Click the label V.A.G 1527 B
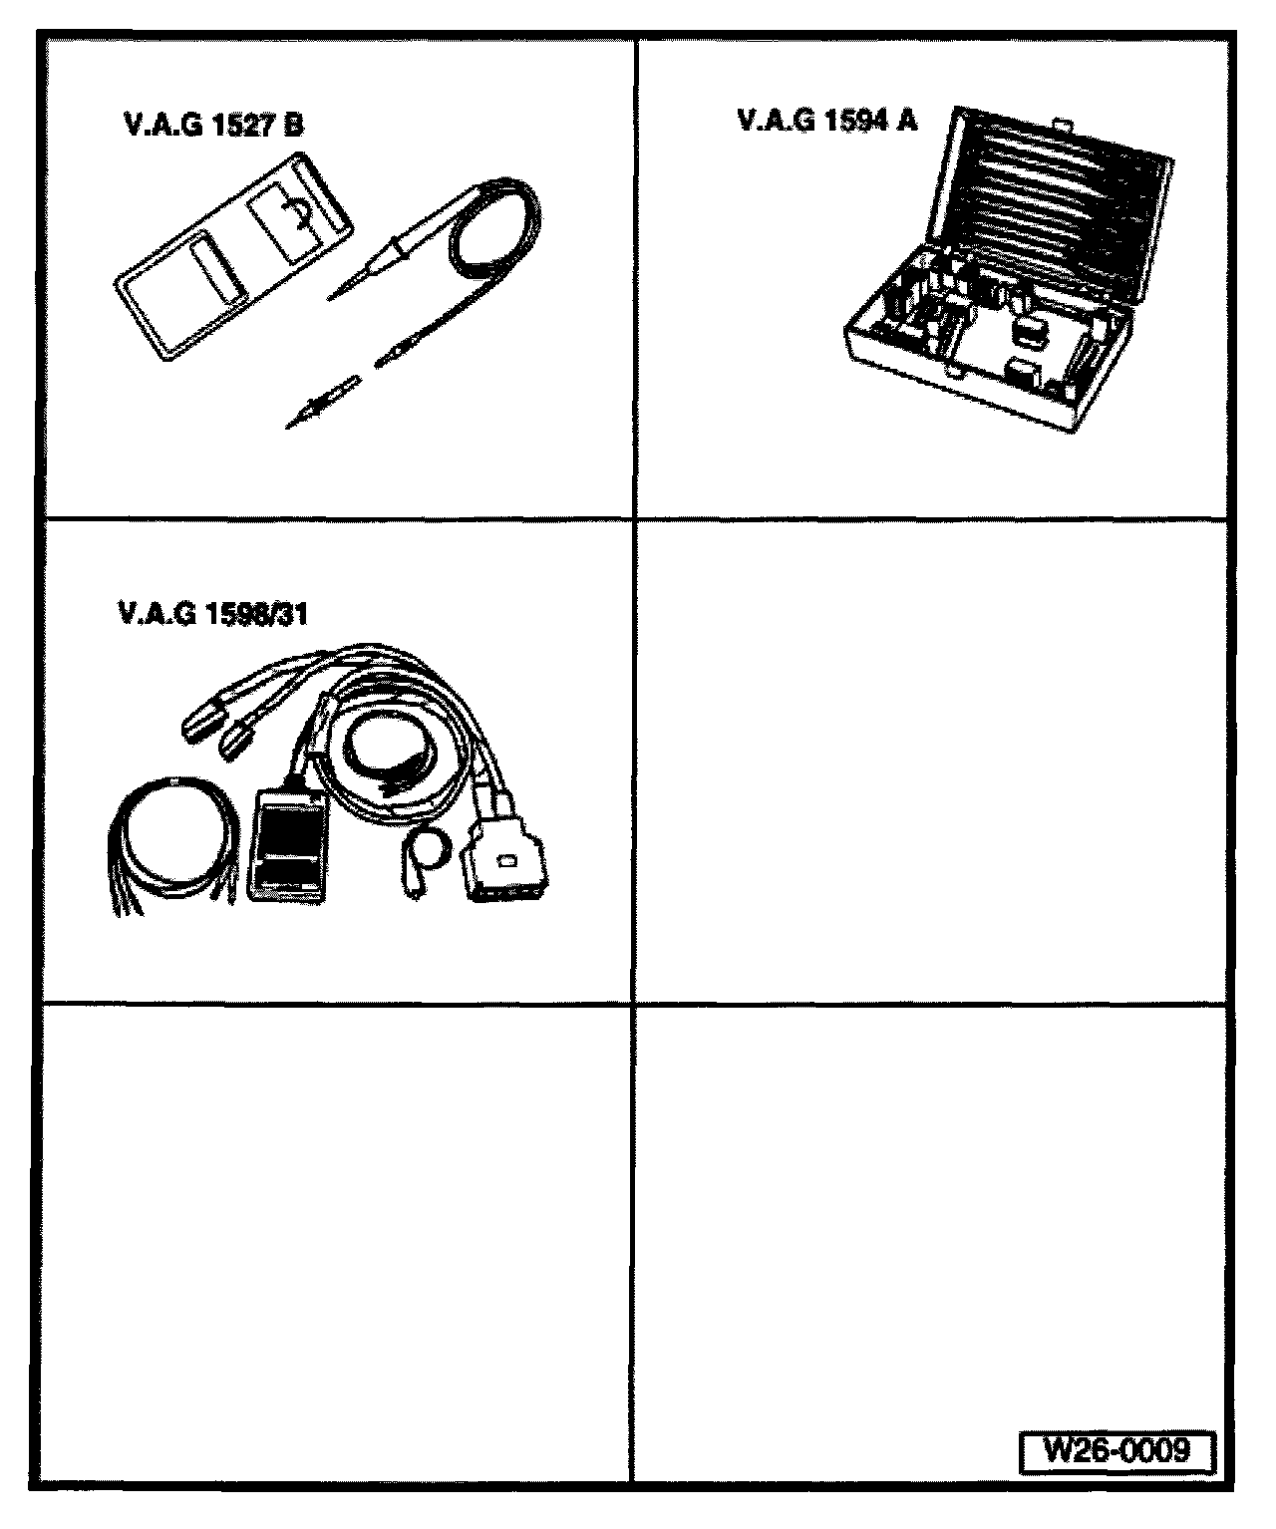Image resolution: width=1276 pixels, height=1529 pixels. point(211,126)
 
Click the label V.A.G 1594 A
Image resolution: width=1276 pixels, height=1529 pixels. point(826,121)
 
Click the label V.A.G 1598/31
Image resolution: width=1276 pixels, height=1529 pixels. point(212,613)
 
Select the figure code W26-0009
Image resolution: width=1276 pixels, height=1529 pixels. point(1116,1449)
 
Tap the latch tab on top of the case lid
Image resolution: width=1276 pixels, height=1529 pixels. point(1063,127)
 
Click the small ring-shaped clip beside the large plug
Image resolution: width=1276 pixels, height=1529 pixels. point(427,848)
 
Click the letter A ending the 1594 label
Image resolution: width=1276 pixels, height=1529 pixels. point(906,121)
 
